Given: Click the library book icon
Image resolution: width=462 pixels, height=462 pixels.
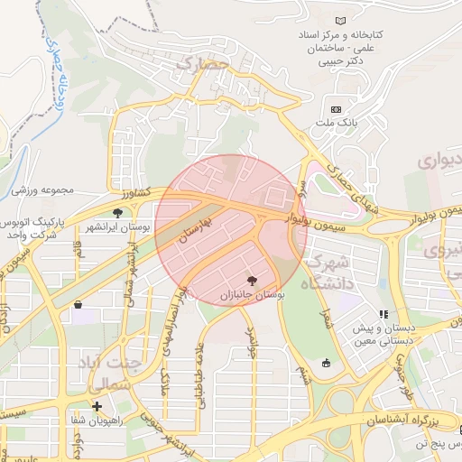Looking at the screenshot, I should pyautogui.click(x=340, y=21).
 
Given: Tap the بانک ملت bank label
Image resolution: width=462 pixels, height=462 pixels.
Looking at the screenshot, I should pyautogui.click(x=342, y=121).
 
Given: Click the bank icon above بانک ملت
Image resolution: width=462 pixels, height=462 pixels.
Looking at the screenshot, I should pyautogui.click(x=337, y=108).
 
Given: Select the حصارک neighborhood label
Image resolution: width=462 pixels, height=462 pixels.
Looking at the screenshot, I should pyautogui.click(x=198, y=63).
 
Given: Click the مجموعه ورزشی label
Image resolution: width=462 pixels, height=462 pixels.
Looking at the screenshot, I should pyautogui.click(x=48, y=190).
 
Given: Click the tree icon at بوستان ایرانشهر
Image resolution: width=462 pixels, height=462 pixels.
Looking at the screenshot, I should pyautogui.click(x=117, y=213).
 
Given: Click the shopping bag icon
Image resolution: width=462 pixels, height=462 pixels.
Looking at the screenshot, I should pyautogui.click(x=79, y=305).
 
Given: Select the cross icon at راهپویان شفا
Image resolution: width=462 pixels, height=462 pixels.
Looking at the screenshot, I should pyautogui.click(x=97, y=406).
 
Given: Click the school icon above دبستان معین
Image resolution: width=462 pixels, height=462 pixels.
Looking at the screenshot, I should pyautogui.click(x=383, y=315).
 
